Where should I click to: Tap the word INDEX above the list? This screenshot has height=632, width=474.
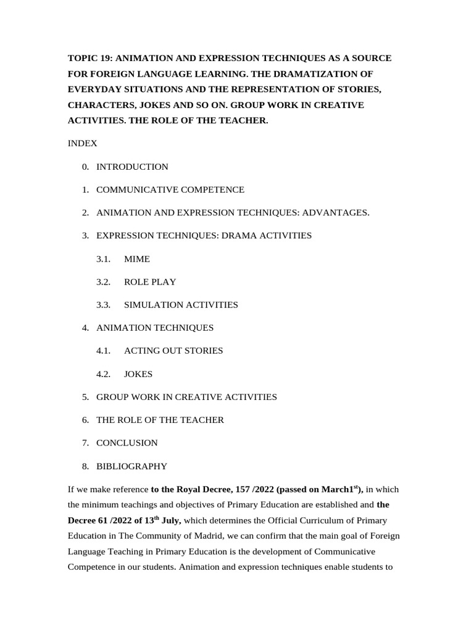(x=82, y=143)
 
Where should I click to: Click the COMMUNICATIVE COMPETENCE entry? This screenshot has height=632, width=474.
(x=170, y=189)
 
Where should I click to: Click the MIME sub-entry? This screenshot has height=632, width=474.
(x=137, y=259)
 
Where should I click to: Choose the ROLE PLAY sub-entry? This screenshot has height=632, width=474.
(x=150, y=282)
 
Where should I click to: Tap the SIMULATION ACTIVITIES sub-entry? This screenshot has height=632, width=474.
(x=181, y=305)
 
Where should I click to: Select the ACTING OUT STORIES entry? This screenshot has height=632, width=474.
(x=173, y=351)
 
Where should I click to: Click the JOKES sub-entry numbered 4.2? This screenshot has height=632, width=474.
(x=138, y=374)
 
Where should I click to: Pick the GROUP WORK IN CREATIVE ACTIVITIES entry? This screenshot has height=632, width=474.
(x=186, y=397)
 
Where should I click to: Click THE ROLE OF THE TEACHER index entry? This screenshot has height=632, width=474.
(x=160, y=420)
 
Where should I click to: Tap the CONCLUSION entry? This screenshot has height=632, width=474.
(x=127, y=443)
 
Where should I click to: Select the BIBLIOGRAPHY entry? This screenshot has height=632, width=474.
(x=131, y=466)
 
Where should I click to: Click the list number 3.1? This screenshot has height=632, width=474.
(x=103, y=259)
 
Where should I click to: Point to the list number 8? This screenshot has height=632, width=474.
(x=85, y=466)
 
